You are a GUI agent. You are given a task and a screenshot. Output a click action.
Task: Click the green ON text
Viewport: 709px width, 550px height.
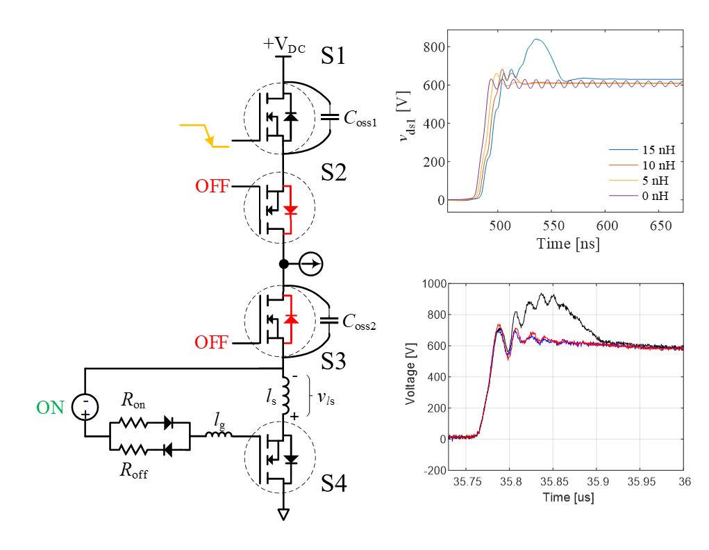(50, 407)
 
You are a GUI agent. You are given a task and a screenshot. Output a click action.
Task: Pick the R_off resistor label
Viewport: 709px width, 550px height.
(133, 471)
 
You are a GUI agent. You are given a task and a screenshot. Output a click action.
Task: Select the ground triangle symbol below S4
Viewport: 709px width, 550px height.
(283, 515)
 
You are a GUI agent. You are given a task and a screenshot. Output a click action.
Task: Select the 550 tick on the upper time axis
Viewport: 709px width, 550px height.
(553, 226)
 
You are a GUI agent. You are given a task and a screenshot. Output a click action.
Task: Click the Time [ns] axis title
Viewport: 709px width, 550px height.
(567, 244)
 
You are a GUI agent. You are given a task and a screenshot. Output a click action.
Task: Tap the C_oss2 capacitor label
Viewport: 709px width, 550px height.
(359, 322)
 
